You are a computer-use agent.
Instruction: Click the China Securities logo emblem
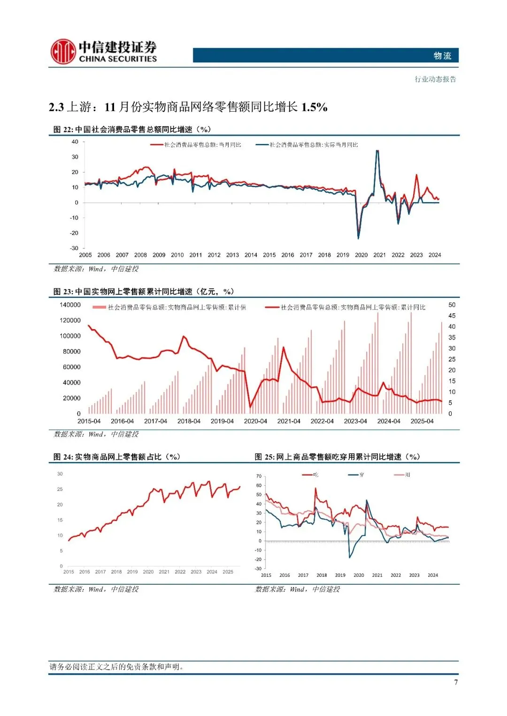pyautogui.click(x=63, y=52)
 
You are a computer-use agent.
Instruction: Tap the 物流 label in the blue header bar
pyautogui.click(x=442, y=56)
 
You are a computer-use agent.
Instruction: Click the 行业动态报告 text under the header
pyautogui.click(x=435, y=79)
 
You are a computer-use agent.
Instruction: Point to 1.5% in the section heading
pyautogui.click(x=314, y=107)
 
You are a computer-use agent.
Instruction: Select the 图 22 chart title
pyautogui.click(x=132, y=129)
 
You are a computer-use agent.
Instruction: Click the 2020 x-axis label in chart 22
pyautogui.click(x=361, y=255)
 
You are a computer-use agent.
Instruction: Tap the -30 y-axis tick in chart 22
pyautogui.click(x=74, y=248)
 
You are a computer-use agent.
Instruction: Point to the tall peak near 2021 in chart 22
pyautogui.click(x=377, y=151)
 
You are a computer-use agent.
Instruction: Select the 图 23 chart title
pyautogui.click(x=143, y=292)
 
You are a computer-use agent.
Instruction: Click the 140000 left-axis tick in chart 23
pyautogui.click(x=70, y=305)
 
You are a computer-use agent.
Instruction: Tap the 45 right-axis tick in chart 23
pyautogui.click(x=452, y=316)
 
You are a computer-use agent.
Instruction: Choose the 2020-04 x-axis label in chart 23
pyautogui.click(x=255, y=421)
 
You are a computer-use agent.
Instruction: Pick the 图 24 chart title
pyautogui.click(x=117, y=457)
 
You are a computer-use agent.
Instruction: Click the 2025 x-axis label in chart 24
pyautogui.click(x=228, y=572)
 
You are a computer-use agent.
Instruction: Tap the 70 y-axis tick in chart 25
pyautogui.click(x=259, y=476)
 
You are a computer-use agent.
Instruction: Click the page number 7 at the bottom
pyautogui.click(x=455, y=682)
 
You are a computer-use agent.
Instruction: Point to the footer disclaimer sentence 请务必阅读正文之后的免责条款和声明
pyautogui.click(x=117, y=667)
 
